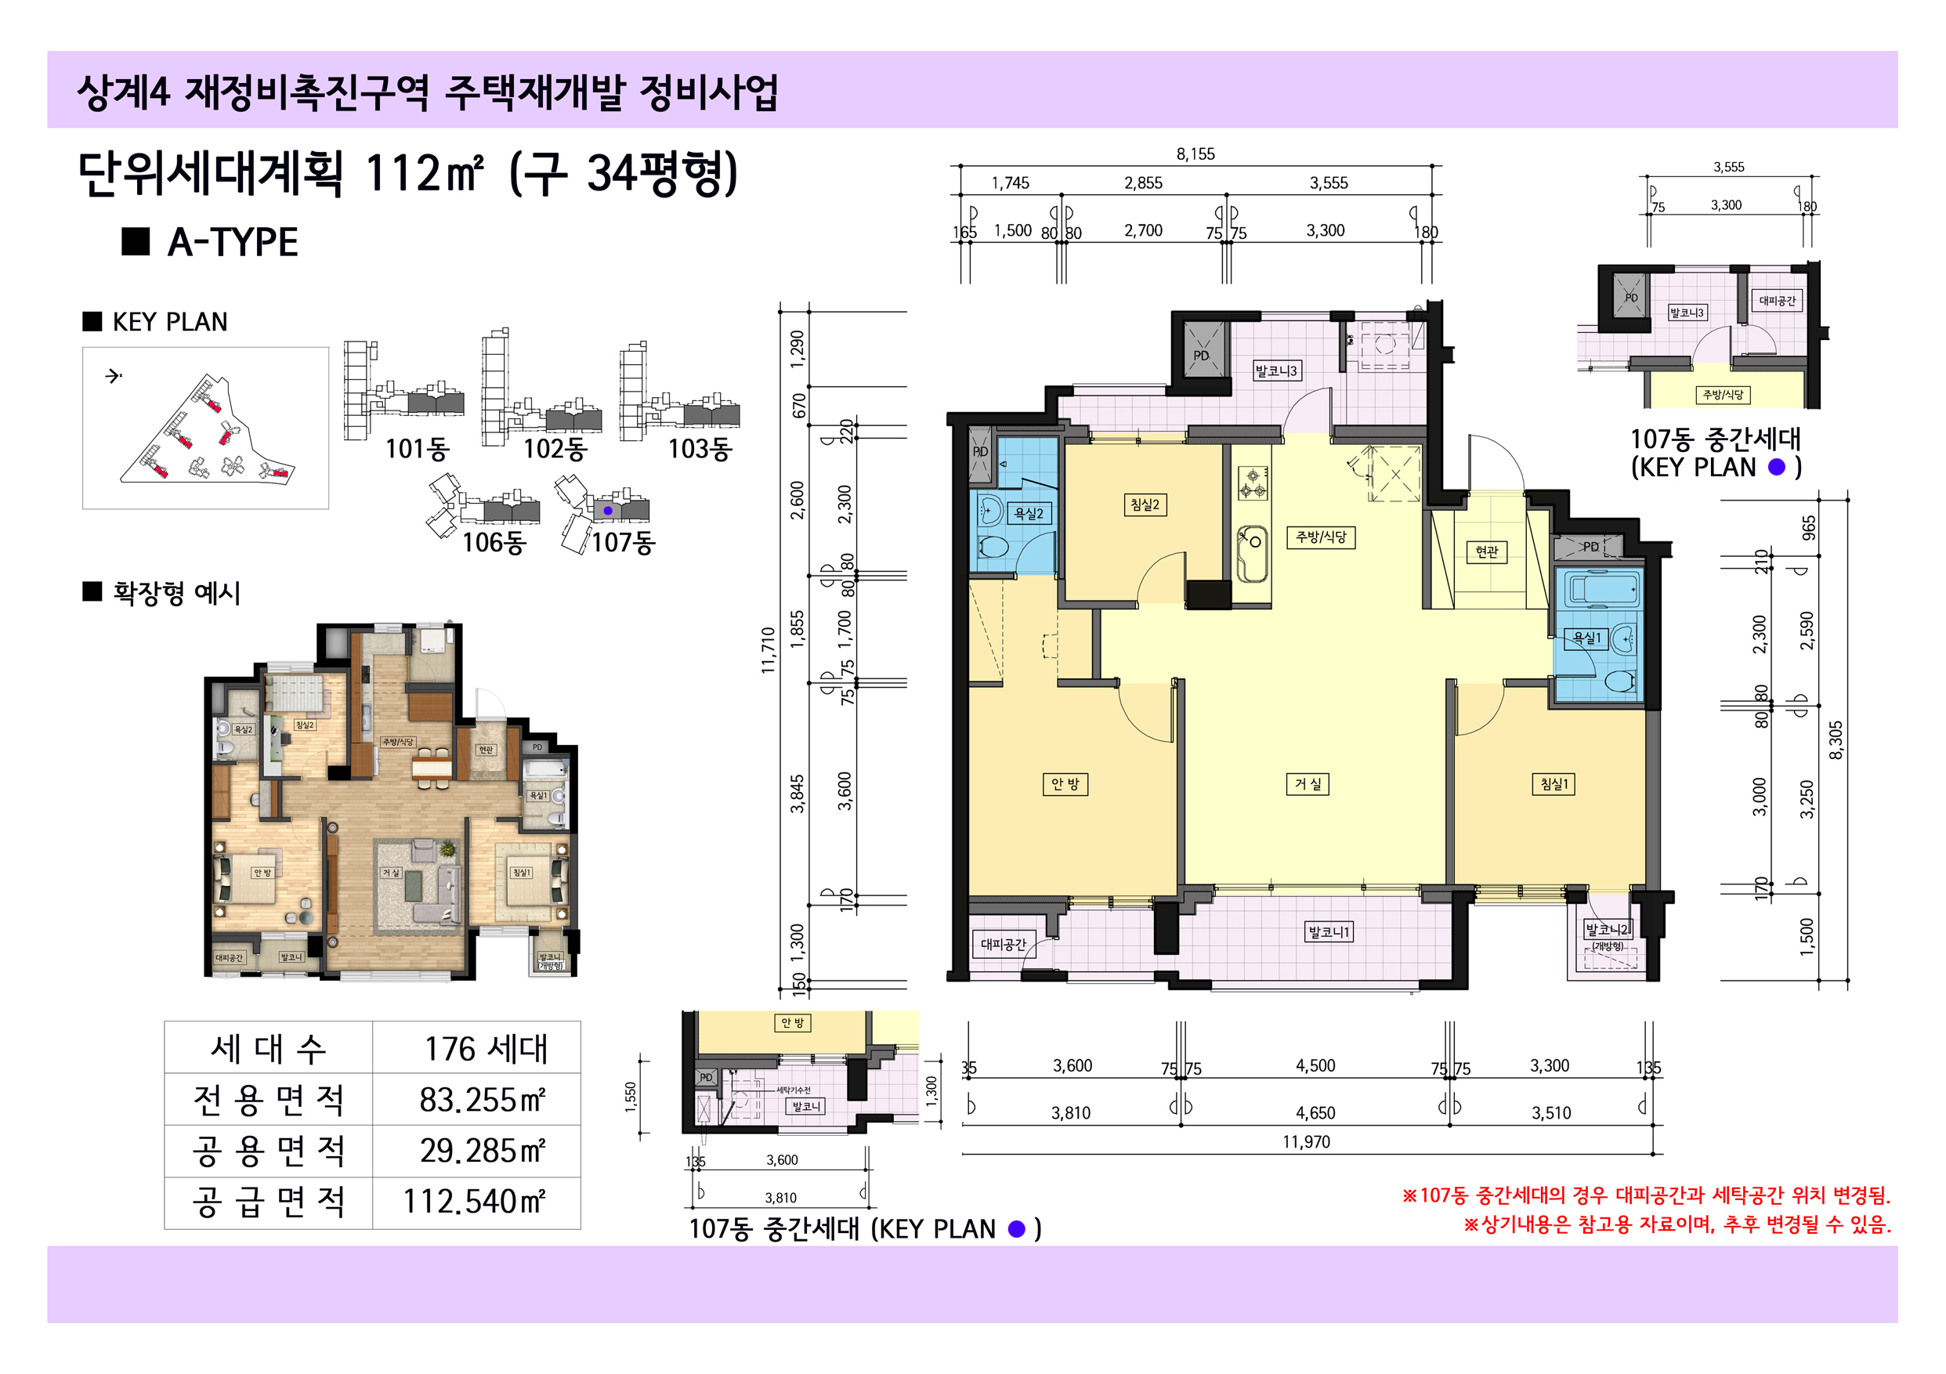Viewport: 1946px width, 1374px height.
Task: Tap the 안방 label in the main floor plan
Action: coord(1064,784)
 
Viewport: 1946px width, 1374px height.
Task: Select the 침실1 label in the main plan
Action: coord(1554,784)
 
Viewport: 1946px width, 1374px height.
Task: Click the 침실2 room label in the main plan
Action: coord(1145,505)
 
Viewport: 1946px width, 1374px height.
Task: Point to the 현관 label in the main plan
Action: coord(1486,551)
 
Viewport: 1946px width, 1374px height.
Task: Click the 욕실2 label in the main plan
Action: coord(1028,514)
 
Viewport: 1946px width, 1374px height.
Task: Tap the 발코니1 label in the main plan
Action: coord(1329,932)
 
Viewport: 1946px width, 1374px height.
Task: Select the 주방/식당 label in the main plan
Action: coord(1321,537)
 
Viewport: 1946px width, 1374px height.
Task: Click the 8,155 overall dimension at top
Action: coord(1195,154)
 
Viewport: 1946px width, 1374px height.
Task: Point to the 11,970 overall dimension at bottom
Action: coord(1305,1142)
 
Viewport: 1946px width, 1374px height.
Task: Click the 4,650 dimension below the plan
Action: coord(1315,1113)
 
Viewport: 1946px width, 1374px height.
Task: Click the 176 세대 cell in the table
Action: coord(486,1050)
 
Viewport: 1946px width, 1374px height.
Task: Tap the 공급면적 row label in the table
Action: coord(268,1202)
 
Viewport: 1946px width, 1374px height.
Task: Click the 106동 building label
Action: coord(494,543)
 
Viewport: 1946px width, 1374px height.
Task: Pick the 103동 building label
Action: coord(700,448)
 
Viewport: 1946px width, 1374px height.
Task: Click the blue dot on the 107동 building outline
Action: coord(608,511)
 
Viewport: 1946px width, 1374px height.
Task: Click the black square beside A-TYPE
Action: coord(136,241)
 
